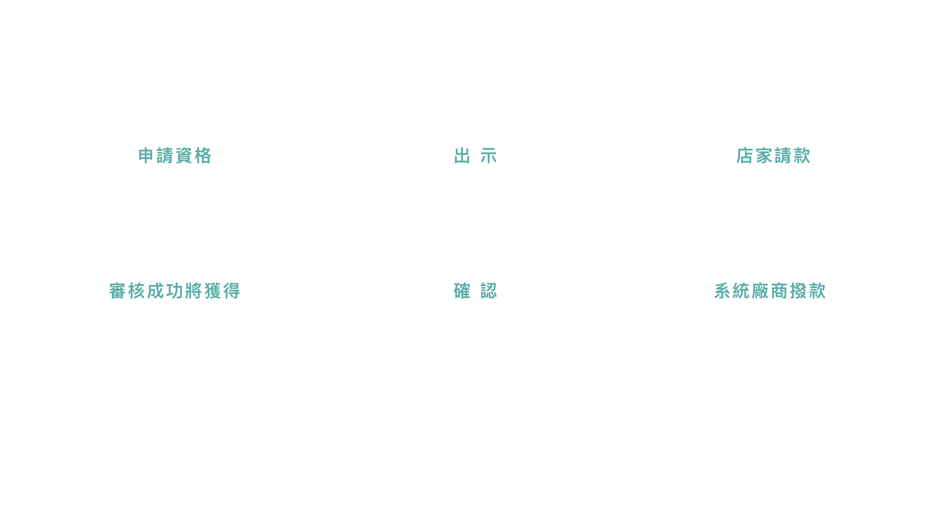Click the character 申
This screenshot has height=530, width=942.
point(146,156)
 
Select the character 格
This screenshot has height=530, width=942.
point(203,156)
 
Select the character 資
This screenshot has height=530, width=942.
point(184,156)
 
